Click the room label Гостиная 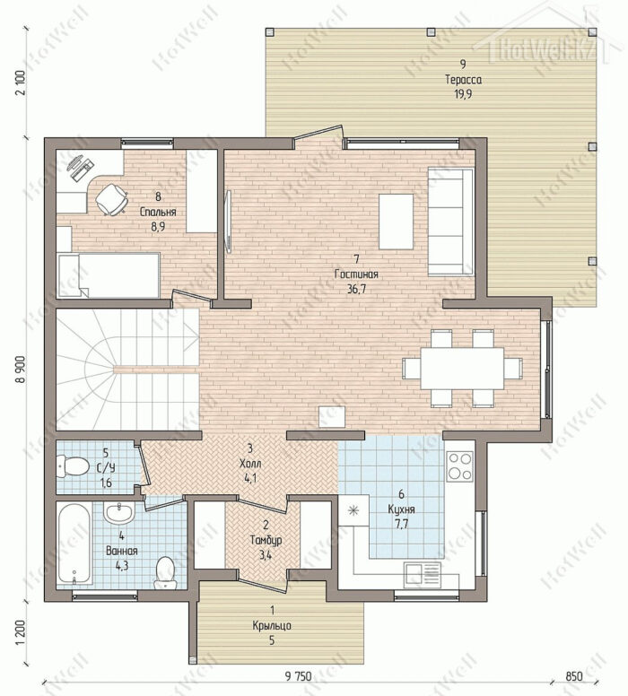click(356, 274)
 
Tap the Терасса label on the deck click(463, 80)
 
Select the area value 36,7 click(356, 290)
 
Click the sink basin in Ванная click(118, 513)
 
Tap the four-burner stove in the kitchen click(459, 466)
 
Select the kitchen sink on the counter click(423, 574)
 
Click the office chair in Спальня click(111, 199)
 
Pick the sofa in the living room click(450, 222)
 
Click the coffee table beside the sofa click(396, 221)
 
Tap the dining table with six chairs click(462, 368)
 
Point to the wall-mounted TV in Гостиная click(229, 222)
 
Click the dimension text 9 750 click(299, 676)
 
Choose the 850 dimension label click(574, 676)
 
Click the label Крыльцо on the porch click(272, 625)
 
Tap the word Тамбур click(266, 541)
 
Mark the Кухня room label click(401, 509)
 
